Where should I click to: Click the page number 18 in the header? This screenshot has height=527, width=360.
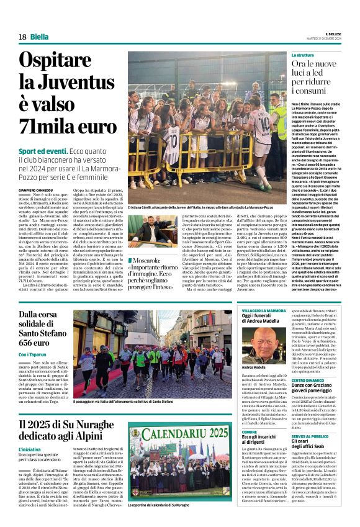point(22,37)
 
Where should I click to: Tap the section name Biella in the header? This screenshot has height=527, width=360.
point(39,37)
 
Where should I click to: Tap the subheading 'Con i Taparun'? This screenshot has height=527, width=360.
point(33,354)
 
